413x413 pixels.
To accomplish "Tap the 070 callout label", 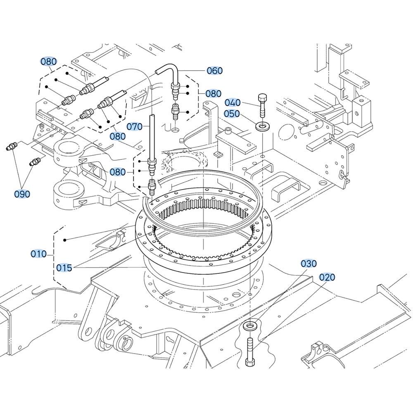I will tap(134, 126).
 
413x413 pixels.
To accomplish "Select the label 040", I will tap(233, 102).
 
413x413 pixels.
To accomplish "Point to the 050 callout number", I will tap(233, 114).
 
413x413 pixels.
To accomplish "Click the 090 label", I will tap(22, 194).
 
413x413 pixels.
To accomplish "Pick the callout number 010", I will tap(39, 254).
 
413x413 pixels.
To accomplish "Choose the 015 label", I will tap(64, 268).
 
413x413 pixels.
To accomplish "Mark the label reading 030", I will tap(309, 263).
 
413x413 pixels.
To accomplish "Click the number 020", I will tap(327, 277).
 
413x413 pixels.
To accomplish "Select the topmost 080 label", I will tap(48, 62).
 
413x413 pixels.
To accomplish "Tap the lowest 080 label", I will tap(117, 172).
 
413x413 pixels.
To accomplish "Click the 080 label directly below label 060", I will tap(213, 94).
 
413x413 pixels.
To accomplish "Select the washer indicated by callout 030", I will tap(250, 326).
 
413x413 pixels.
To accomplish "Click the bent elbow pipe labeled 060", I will tap(170, 73).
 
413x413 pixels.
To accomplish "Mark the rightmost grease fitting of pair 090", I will tap(35, 161).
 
